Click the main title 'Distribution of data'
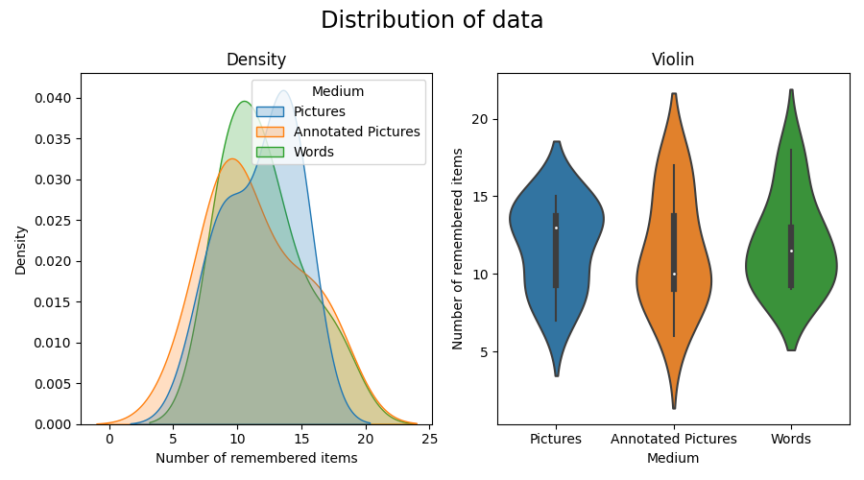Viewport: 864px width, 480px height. click(x=432, y=20)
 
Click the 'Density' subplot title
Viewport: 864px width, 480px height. click(x=256, y=60)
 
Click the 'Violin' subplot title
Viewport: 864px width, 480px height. click(x=672, y=60)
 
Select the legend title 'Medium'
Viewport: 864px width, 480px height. click(x=338, y=92)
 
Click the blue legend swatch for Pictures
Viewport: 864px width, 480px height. click(x=271, y=111)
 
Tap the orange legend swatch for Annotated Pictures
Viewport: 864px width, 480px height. click(x=271, y=132)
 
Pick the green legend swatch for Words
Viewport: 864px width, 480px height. click(x=271, y=152)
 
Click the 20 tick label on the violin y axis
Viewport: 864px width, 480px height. click(x=481, y=119)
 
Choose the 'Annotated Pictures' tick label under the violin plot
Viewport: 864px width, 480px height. click(x=673, y=439)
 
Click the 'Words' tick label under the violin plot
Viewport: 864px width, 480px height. click(x=790, y=439)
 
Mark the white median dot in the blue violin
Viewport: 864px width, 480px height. click(x=556, y=228)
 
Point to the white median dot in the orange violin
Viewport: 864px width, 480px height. click(x=673, y=274)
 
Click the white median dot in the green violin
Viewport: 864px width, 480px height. click(x=790, y=251)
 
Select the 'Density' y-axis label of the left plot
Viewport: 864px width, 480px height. click(x=20, y=251)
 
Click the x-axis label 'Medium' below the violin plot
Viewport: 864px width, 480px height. click(x=672, y=458)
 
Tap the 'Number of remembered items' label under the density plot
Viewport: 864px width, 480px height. click(x=256, y=458)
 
